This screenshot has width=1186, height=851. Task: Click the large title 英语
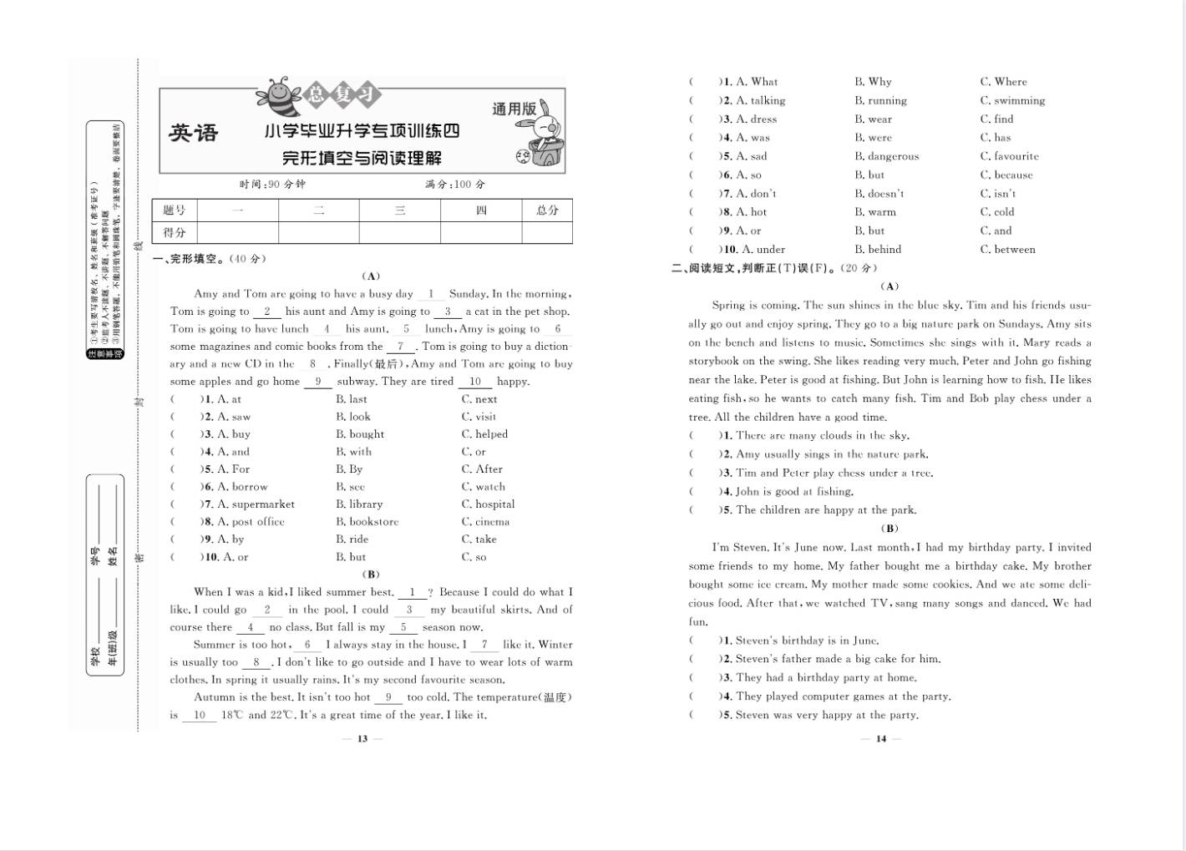point(194,133)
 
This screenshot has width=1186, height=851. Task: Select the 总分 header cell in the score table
point(547,210)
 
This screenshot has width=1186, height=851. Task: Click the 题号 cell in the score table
point(175,210)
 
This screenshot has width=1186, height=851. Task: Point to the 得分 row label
point(175,232)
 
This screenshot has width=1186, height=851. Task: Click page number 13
point(362,738)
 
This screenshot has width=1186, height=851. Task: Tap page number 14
point(881,738)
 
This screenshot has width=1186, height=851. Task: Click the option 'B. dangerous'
point(886,156)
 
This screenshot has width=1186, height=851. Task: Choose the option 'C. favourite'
point(1009,156)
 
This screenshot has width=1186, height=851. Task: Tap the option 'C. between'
point(1007,250)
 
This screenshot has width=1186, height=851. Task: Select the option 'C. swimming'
point(1012,100)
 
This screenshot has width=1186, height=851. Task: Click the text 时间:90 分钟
point(272,184)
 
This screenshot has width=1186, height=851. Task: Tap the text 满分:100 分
point(454,184)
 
